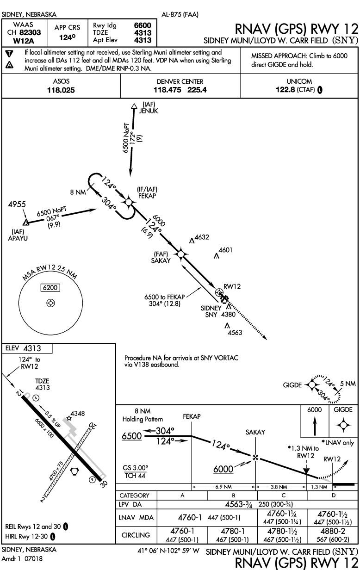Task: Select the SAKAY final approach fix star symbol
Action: click(x=180, y=253)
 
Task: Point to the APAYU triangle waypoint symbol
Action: click(x=26, y=223)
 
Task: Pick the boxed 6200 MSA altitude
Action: click(x=50, y=287)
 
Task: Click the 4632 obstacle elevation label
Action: click(x=202, y=237)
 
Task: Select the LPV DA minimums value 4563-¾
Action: click(x=238, y=504)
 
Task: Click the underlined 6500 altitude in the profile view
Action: click(x=132, y=436)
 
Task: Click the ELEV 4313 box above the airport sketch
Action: click(x=27, y=348)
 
